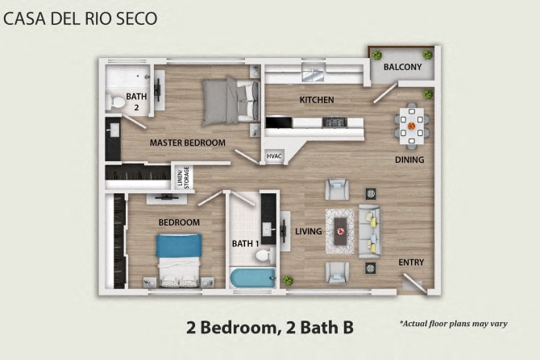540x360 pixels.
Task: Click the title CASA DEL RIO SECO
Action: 80,17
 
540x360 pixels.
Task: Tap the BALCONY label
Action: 402,67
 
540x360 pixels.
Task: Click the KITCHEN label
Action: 317,100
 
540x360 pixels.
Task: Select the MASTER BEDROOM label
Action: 188,143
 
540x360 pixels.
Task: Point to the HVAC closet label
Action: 274,156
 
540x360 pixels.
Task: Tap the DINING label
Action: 409,159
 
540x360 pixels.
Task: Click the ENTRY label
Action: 411,262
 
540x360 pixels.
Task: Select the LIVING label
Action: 309,231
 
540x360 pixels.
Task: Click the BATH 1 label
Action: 245,243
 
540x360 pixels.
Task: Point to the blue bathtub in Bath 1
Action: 251,279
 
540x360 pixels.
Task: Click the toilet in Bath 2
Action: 118,101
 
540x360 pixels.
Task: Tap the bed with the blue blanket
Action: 177,258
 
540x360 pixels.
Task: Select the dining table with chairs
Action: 412,126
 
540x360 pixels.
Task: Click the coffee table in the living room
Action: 341,230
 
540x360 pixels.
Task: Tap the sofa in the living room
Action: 370,231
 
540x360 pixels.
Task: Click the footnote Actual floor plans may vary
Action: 453,323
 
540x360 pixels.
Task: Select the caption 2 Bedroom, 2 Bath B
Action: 270,327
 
